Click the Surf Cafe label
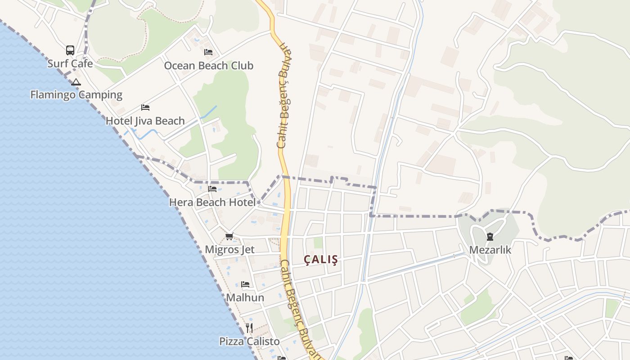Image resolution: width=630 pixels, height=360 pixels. coord(70,63)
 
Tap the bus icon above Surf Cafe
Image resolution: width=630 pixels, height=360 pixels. coord(70,50)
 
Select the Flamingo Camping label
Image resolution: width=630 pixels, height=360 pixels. coord(76,94)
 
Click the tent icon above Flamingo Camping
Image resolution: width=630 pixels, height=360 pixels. coord(76,82)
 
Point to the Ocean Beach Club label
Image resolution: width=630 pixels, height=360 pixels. coord(208,66)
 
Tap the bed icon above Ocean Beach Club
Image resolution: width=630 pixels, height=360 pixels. coord(208,52)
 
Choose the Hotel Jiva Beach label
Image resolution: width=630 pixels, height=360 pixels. coord(145,121)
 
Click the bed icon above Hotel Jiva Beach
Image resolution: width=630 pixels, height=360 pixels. coord(145,108)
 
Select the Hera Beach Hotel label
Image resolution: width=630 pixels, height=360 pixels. coord(212,202)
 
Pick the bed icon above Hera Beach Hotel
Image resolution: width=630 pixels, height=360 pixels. coord(212,189)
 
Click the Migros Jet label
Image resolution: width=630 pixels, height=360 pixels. coord(229,249)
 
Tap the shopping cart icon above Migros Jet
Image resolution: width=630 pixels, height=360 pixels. coord(229,236)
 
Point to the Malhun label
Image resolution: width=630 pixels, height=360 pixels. coord(245,297)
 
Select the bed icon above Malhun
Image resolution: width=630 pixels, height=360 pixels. coord(245,284)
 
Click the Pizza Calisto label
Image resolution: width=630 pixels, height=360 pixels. coord(249,341)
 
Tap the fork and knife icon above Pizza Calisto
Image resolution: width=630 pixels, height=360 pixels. coord(249,328)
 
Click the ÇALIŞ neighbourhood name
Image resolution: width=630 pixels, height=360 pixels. coord(320,260)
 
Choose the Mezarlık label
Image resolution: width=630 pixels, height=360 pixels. coord(490,250)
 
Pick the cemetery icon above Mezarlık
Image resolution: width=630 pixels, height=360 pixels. coord(490,237)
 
